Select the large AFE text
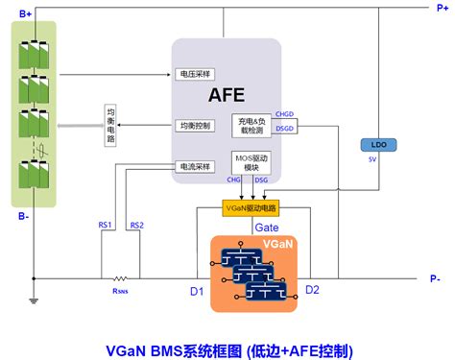(227, 94)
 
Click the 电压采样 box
(198, 73)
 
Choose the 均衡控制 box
(197, 126)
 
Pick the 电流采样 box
(197, 166)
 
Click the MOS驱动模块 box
(252, 162)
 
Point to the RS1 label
(106, 226)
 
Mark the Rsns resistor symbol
(121, 278)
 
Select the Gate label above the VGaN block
(266, 227)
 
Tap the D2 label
(312, 289)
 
